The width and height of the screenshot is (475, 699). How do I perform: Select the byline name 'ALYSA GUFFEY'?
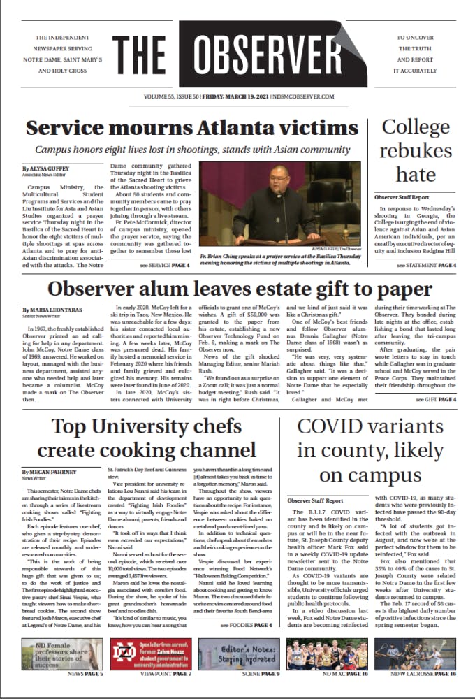point(48,168)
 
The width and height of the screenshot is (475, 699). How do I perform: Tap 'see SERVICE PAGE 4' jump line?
point(164,266)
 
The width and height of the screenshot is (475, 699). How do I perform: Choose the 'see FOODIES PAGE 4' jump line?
point(247,624)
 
